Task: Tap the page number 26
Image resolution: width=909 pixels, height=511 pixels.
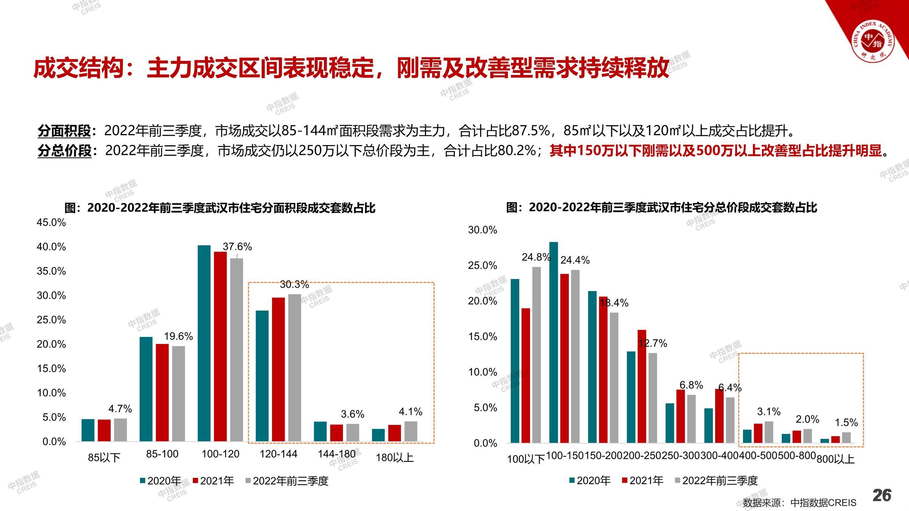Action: point(882,495)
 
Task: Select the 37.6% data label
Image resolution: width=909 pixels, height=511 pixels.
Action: point(237,247)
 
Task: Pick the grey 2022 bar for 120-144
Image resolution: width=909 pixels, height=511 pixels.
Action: point(295,368)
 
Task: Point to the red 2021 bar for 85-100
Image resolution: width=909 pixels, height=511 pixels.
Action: point(162,393)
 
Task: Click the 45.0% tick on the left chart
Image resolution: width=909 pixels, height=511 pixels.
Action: point(51,223)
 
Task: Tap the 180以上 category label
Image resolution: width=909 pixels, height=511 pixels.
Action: point(394,458)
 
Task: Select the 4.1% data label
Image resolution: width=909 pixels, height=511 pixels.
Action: point(411,411)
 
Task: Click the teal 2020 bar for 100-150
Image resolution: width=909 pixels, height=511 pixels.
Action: point(554,342)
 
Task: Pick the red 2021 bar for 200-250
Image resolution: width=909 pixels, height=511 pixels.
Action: point(642,386)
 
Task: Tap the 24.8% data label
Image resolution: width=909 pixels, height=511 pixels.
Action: point(536,257)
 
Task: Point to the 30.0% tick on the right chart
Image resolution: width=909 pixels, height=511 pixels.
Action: point(483,230)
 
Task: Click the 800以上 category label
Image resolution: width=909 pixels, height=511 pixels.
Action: point(836,459)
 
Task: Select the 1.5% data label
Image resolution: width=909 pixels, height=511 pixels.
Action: point(846,422)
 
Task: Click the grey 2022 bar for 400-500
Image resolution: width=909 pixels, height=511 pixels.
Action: point(769,432)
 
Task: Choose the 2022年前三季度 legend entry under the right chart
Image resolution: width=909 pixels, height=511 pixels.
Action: point(716,481)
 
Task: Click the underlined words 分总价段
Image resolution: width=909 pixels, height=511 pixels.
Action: point(64,151)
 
